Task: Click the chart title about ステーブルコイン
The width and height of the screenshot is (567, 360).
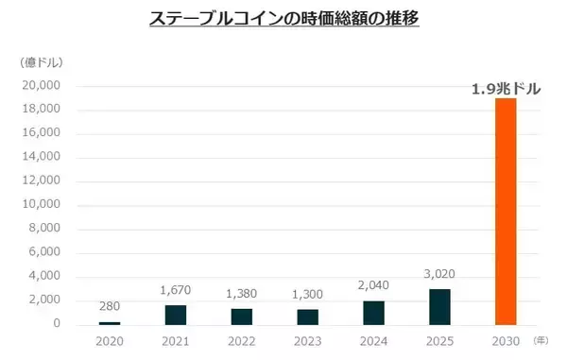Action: point(283,19)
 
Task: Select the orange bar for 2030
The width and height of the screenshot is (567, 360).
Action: point(507,212)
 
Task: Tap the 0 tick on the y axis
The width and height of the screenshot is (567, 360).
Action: point(57,324)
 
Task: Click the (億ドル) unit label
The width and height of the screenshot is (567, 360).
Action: point(42,62)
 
